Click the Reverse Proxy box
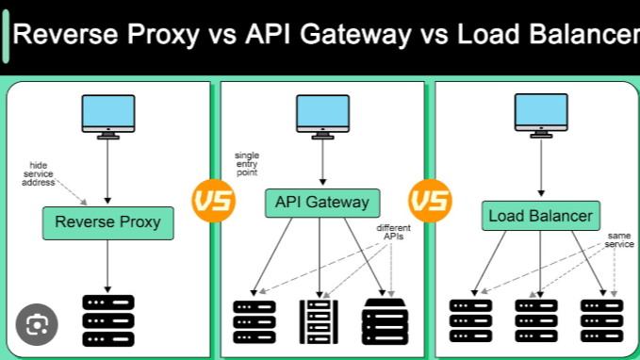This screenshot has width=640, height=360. [107, 223]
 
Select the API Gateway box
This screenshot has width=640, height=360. [321, 203]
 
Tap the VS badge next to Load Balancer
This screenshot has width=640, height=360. [430, 201]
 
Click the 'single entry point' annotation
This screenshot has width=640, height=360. [247, 164]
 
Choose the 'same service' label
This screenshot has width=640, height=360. [619, 240]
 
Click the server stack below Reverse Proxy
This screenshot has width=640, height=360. [107, 319]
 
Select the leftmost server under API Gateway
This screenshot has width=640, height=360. [254, 320]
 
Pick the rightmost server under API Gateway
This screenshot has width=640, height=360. [385, 320]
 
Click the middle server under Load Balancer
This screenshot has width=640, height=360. [537, 320]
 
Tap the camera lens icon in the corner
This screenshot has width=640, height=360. [37, 325]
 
